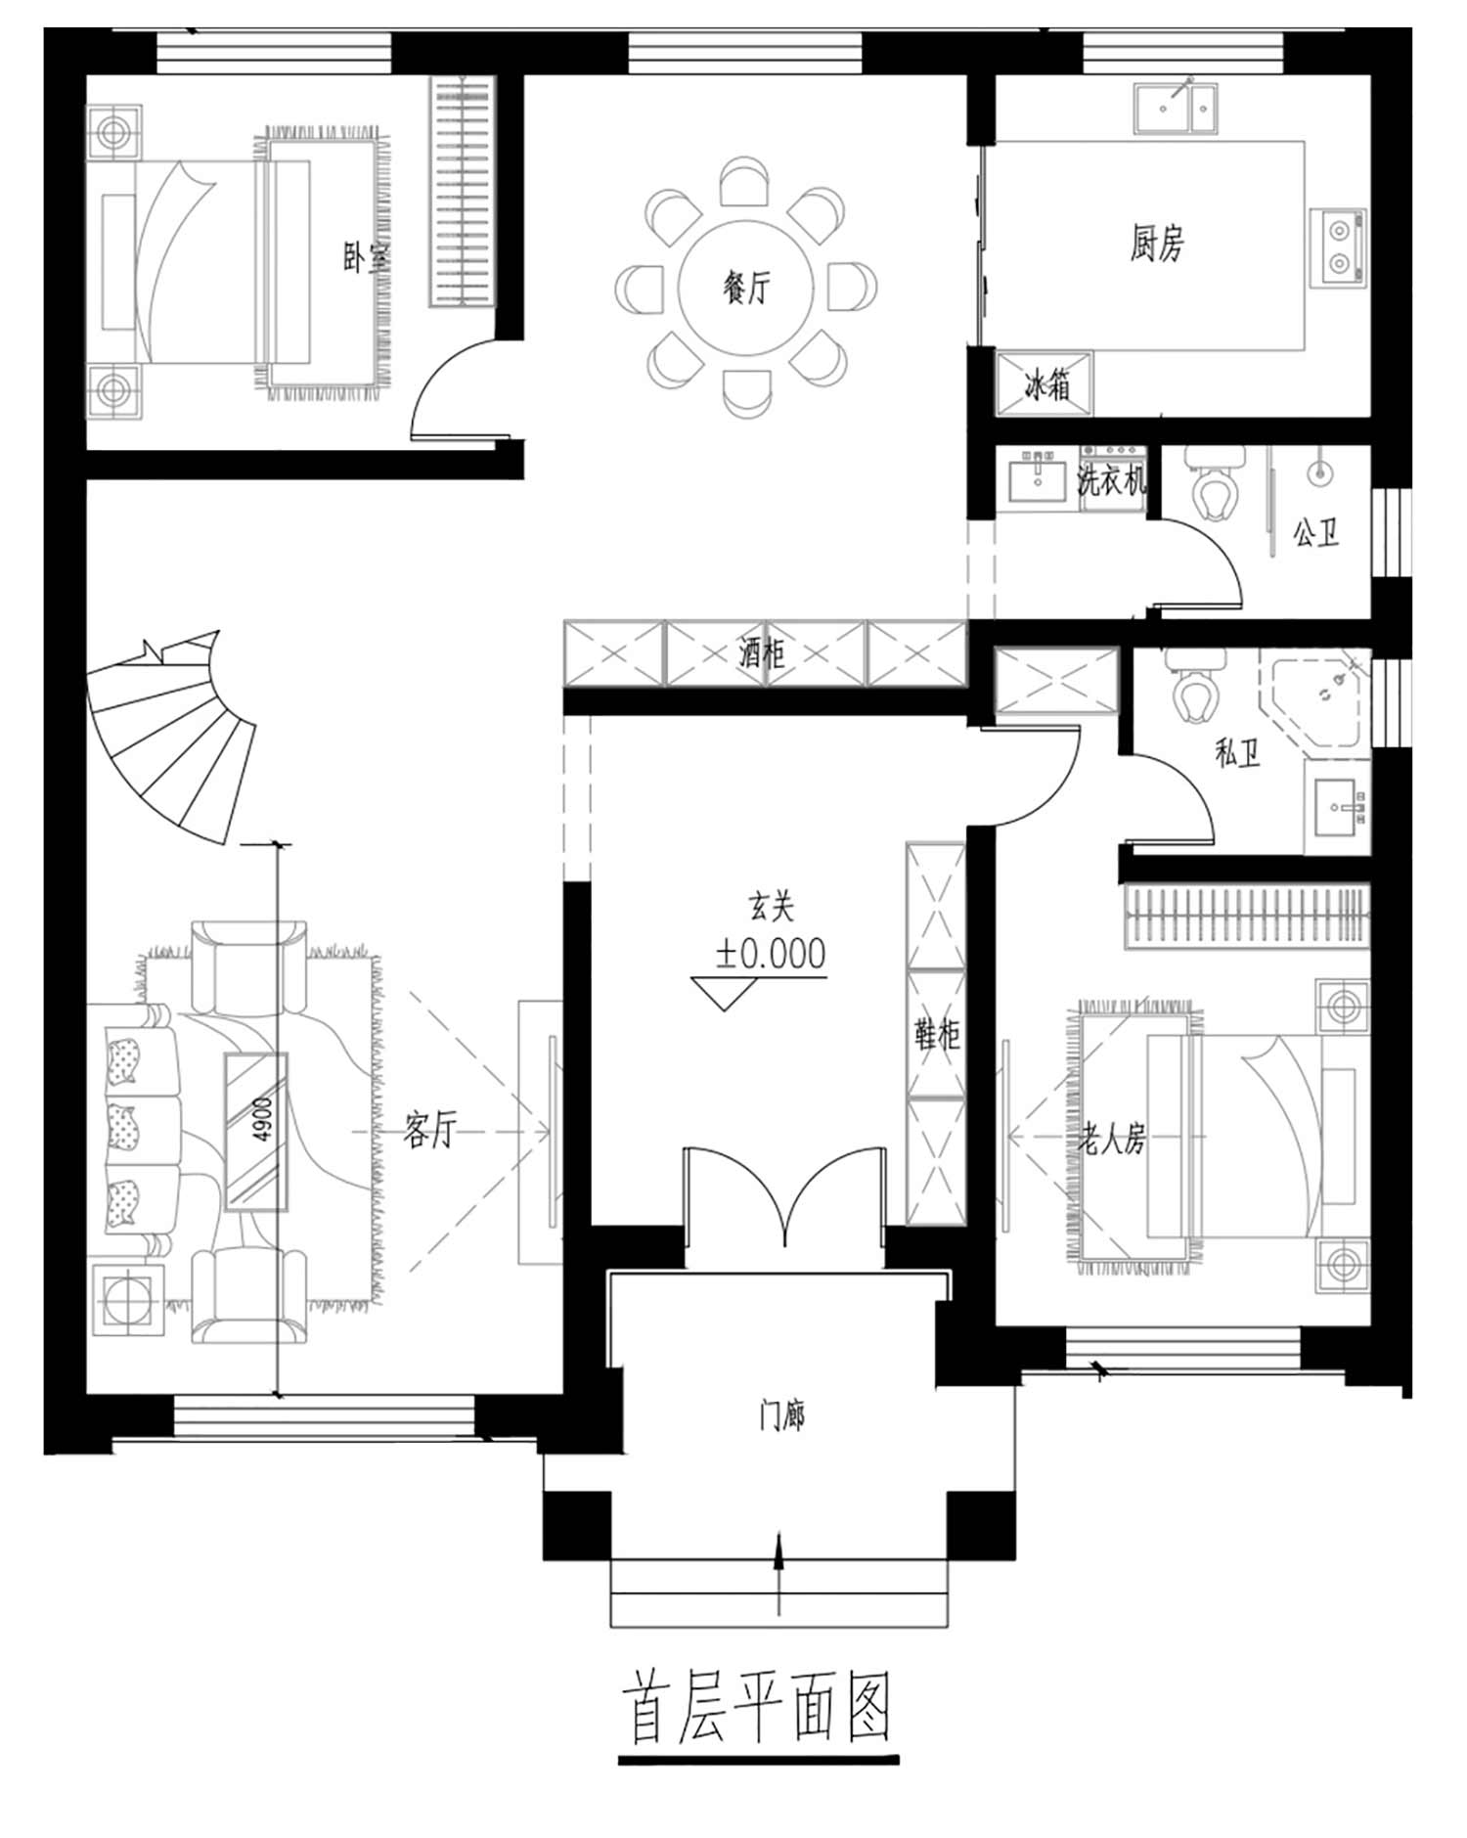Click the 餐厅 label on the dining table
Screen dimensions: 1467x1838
(x=747, y=288)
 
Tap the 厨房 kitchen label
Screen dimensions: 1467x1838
(x=1157, y=243)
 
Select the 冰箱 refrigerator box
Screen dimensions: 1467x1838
(x=1045, y=384)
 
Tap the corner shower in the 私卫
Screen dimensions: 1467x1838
(x=1315, y=699)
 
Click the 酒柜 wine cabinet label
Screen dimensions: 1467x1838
(x=762, y=651)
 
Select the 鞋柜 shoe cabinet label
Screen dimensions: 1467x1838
(x=937, y=1034)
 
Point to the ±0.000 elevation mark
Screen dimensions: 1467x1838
(x=770, y=954)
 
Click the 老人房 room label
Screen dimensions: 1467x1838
(x=1112, y=1138)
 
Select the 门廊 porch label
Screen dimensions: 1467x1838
(x=782, y=1414)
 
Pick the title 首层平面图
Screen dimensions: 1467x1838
(x=756, y=1708)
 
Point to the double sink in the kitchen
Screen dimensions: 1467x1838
(x=1177, y=107)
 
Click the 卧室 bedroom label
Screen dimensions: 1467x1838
(x=366, y=258)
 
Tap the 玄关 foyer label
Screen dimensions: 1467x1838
(x=772, y=907)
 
